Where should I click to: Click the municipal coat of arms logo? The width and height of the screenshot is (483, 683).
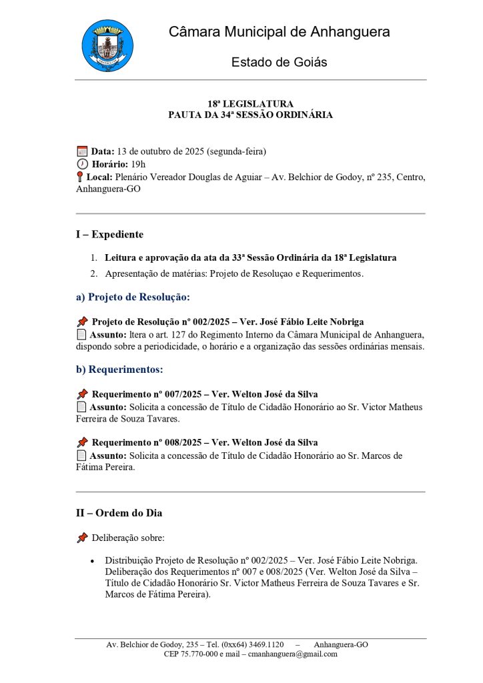point(107,45)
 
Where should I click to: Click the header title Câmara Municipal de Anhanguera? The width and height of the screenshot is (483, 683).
point(279,31)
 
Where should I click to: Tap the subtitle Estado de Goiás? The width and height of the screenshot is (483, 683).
point(279,62)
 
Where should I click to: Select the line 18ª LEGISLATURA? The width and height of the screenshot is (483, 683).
point(250,104)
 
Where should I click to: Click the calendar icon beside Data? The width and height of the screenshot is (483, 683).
point(82,151)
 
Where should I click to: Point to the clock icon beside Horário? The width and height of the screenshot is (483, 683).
point(82,164)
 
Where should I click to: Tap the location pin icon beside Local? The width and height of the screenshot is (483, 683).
point(80,177)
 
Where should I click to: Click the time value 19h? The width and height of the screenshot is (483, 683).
point(138,164)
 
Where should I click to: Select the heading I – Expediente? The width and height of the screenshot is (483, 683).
point(109,235)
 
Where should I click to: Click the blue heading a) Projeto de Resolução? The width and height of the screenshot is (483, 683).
point(133,297)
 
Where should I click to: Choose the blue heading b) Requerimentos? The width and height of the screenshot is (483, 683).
point(119,369)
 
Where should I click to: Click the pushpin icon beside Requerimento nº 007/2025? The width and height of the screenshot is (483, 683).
point(82,394)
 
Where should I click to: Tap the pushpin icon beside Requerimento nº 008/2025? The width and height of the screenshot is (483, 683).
point(82,442)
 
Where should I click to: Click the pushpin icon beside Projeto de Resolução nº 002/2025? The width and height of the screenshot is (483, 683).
point(82,321)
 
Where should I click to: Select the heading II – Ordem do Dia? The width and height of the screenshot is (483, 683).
point(119,513)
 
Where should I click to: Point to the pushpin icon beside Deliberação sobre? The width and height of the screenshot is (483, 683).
point(82,537)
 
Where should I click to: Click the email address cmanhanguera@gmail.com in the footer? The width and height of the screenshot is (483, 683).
point(293,654)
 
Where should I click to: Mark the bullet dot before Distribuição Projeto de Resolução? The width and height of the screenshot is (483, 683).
point(92,562)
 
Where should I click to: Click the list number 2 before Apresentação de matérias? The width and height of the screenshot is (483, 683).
point(93,273)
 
